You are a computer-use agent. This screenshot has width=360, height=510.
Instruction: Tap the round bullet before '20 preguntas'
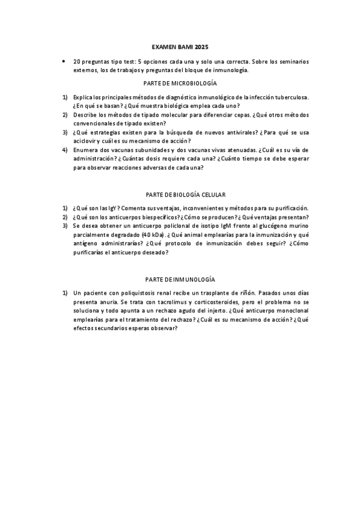tap(63, 62)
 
